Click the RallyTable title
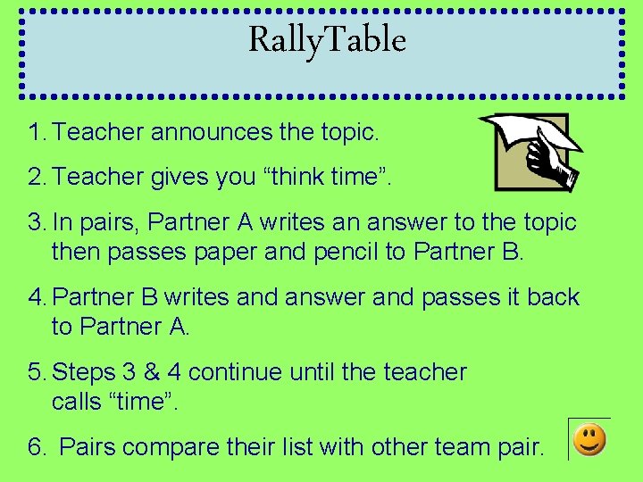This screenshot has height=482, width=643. click(327, 40)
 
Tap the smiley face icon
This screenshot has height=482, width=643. click(589, 439)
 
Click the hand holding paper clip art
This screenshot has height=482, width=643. click(532, 151)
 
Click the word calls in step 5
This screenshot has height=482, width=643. click(76, 402)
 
